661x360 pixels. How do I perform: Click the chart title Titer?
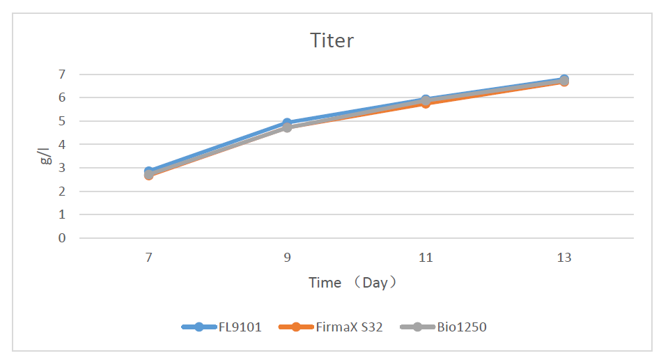pos(332,40)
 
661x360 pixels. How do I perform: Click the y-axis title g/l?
pos(45,155)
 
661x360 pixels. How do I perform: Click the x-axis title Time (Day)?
pos(353,283)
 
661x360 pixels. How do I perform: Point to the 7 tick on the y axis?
pos(62,74)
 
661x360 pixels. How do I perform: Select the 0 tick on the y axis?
pos(62,238)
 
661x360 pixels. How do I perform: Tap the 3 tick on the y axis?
pos(62,168)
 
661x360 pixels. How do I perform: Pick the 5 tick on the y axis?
pos(62,121)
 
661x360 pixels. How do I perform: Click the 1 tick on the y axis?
pos(62,214)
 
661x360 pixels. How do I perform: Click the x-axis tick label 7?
pos(148,258)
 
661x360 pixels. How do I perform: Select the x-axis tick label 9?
pos(287,258)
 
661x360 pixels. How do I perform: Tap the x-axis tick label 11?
pos(426,258)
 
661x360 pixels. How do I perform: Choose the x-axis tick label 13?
pos(564,258)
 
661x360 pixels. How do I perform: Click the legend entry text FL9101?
pos(239,327)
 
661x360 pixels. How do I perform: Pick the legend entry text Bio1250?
pos(462,327)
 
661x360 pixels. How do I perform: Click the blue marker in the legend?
pos(199,327)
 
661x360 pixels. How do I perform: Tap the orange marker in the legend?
pos(295,327)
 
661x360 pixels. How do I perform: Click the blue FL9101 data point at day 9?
pos(287,123)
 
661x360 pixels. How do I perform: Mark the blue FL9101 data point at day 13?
pos(564,79)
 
